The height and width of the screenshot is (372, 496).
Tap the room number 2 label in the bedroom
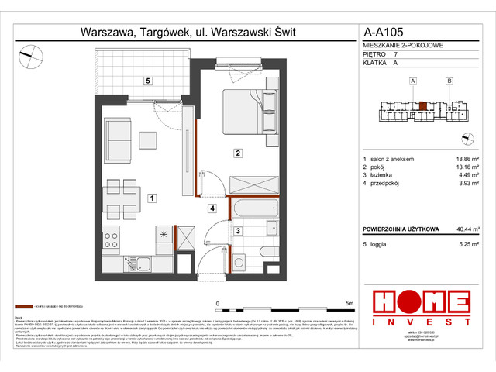click(239, 154)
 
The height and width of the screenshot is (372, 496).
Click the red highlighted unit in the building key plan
click(422, 108)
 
